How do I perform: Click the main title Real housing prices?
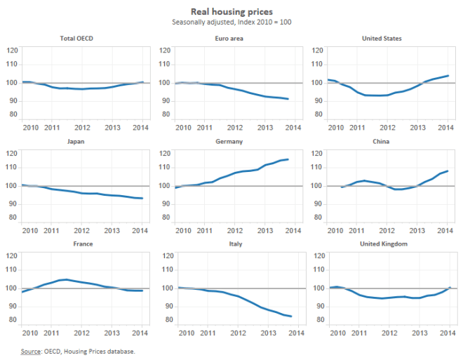231,12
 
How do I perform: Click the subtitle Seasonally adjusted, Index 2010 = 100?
231,22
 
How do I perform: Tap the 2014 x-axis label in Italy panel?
294,333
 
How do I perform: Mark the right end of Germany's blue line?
288,159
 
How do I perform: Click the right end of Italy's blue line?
290,316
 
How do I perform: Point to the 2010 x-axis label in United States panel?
337,127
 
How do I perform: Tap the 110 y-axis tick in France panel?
12,272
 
